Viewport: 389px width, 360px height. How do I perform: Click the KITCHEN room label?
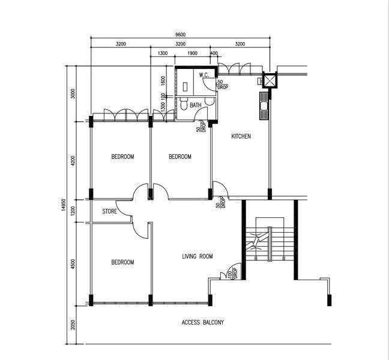241,136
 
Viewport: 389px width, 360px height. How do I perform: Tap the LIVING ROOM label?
198,256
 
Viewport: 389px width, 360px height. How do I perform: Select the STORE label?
109,211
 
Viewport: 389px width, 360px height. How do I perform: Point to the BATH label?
196,105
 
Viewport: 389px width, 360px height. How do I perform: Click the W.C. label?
204,75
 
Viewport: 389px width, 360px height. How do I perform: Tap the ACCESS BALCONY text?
203,322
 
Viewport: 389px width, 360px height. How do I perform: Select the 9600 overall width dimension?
180,35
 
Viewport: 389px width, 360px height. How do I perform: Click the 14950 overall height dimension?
63,205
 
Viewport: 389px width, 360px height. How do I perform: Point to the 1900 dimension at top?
192,53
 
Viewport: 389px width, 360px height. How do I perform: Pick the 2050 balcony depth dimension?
73,325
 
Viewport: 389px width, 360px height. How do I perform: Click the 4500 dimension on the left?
73,264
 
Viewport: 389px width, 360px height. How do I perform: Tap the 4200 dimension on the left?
73,160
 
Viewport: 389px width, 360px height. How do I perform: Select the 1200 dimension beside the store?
73,211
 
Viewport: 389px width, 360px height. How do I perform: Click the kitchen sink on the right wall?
264,106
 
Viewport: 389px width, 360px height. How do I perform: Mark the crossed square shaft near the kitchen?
270,80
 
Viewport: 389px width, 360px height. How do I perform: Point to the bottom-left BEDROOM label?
122,262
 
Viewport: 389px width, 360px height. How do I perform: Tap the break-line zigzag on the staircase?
256,241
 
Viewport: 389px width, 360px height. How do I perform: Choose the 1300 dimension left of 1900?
163,53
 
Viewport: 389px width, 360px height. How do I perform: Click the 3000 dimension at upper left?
73,94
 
